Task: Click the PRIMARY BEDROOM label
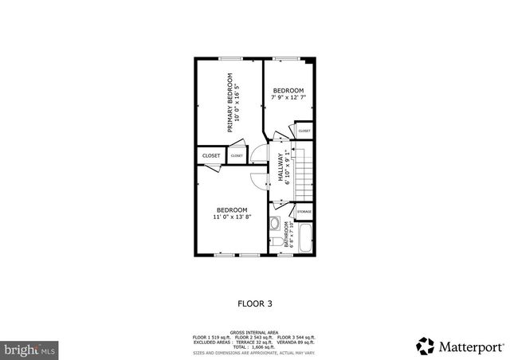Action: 230,102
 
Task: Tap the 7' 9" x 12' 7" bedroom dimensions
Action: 288,98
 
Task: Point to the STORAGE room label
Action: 304,212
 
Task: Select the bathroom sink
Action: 274,224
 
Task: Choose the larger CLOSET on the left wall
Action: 211,156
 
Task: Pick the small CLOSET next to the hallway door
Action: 237,156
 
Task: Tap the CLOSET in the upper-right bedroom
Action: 304,130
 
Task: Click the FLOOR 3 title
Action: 255,303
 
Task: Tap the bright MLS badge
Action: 30,349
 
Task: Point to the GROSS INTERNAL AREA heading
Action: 254,332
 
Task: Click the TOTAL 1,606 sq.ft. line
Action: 254,346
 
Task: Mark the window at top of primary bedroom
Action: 231,58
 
